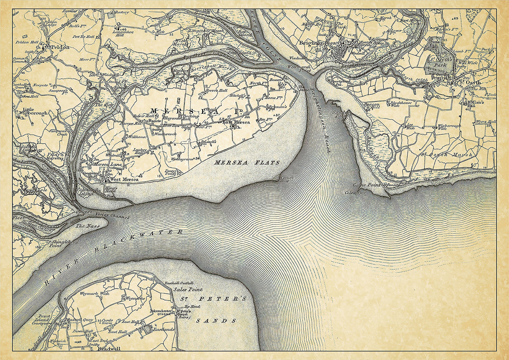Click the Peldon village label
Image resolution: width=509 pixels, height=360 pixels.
(60, 47)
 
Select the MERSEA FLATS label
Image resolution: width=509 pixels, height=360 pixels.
(247, 162)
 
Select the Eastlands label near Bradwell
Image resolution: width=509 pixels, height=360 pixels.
(164, 330)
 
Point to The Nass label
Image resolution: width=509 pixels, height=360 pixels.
(87, 225)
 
